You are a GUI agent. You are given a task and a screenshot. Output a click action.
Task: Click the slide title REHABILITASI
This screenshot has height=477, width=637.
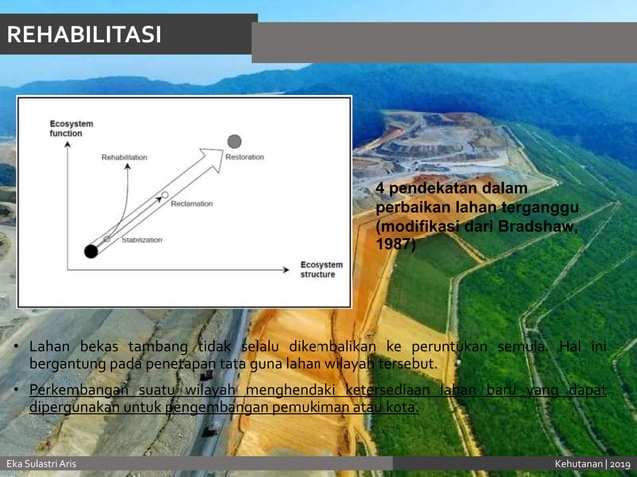tap(84, 36)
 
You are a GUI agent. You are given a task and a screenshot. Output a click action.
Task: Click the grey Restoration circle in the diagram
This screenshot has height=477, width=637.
tap(234, 141)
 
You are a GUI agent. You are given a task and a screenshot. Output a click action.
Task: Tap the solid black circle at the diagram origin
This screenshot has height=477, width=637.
tap(91, 251)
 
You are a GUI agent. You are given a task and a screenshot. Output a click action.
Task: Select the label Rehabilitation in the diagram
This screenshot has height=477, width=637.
tap(124, 157)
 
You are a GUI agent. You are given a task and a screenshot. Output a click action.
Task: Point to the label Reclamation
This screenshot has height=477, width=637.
tap(191, 203)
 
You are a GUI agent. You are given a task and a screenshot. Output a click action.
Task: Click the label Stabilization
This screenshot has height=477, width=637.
tap(141, 239)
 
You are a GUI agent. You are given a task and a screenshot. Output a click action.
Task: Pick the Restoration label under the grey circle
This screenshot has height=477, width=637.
tap(245, 158)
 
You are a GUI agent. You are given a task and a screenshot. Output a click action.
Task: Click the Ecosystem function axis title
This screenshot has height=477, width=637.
tap(72, 127)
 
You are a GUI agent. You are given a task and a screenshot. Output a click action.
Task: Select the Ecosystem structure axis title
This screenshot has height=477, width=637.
tap(321, 269)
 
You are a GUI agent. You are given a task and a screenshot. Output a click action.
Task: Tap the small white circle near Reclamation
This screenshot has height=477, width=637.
tap(165, 195)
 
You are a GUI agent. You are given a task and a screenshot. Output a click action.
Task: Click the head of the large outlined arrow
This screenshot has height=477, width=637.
tap(211, 158)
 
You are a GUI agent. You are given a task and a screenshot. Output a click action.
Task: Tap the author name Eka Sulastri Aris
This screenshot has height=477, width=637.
tap(41, 465)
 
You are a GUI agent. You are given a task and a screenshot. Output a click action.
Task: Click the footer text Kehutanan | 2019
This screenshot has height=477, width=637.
tap(593, 465)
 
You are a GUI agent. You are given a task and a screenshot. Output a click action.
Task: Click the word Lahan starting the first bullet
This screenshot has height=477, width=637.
tap(50, 346)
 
